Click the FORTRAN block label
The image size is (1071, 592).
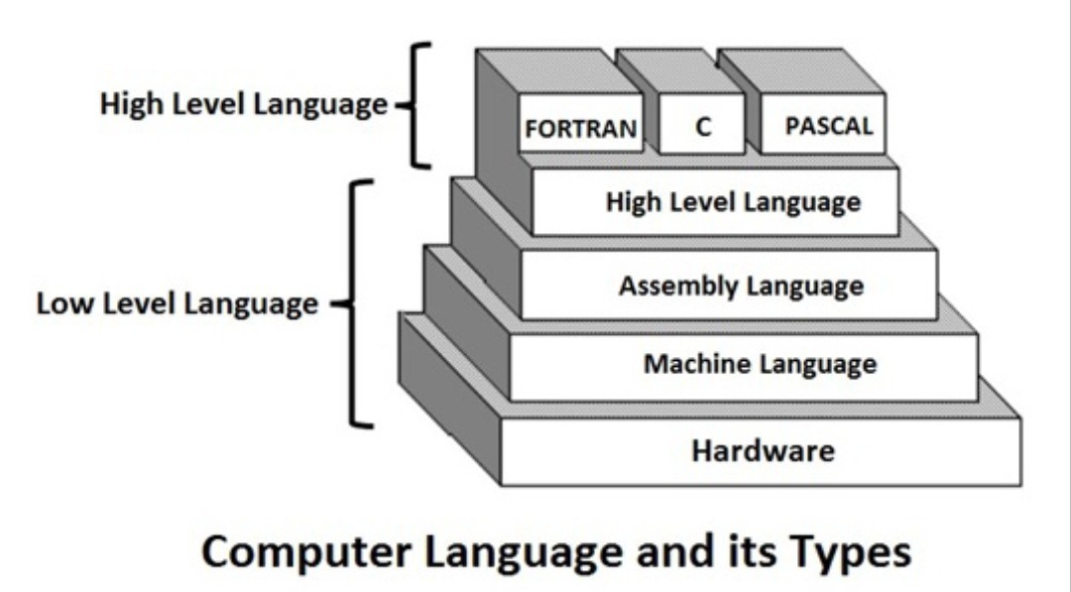coord(580,129)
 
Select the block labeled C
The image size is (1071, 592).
coord(703,127)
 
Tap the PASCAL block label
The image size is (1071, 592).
coord(828,127)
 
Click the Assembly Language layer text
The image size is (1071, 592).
coord(741,287)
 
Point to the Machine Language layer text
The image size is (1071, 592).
coord(760,364)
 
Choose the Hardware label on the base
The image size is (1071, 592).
coord(763,451)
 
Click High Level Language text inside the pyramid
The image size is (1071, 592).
coord(733,203)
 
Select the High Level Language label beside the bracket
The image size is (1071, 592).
coord(243,104)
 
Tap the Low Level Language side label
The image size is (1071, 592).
coord(178,303)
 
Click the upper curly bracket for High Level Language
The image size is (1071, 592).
coord(416,105)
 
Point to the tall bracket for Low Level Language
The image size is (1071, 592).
coord(357,303)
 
